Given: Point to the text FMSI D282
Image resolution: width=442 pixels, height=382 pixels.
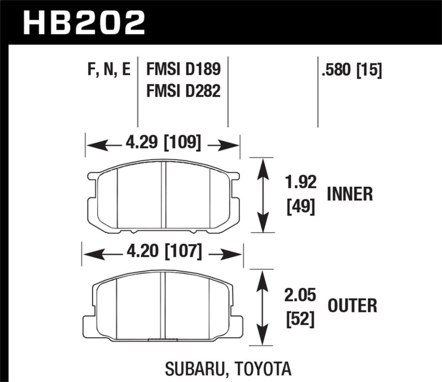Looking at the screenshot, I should (183, 90).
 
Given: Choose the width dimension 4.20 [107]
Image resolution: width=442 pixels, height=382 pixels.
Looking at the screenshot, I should (162, 253).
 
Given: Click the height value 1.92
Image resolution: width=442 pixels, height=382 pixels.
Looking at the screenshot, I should (300, 182).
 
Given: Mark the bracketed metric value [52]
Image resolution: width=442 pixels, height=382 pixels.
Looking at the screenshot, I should (301, 320).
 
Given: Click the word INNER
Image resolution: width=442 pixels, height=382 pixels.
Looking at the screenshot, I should (350, 194).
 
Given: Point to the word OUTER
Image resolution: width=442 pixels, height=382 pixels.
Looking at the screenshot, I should (352, 305).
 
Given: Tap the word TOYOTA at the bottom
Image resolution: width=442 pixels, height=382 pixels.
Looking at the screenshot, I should (257, 368).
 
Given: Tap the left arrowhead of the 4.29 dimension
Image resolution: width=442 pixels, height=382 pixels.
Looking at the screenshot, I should (94, 145).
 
